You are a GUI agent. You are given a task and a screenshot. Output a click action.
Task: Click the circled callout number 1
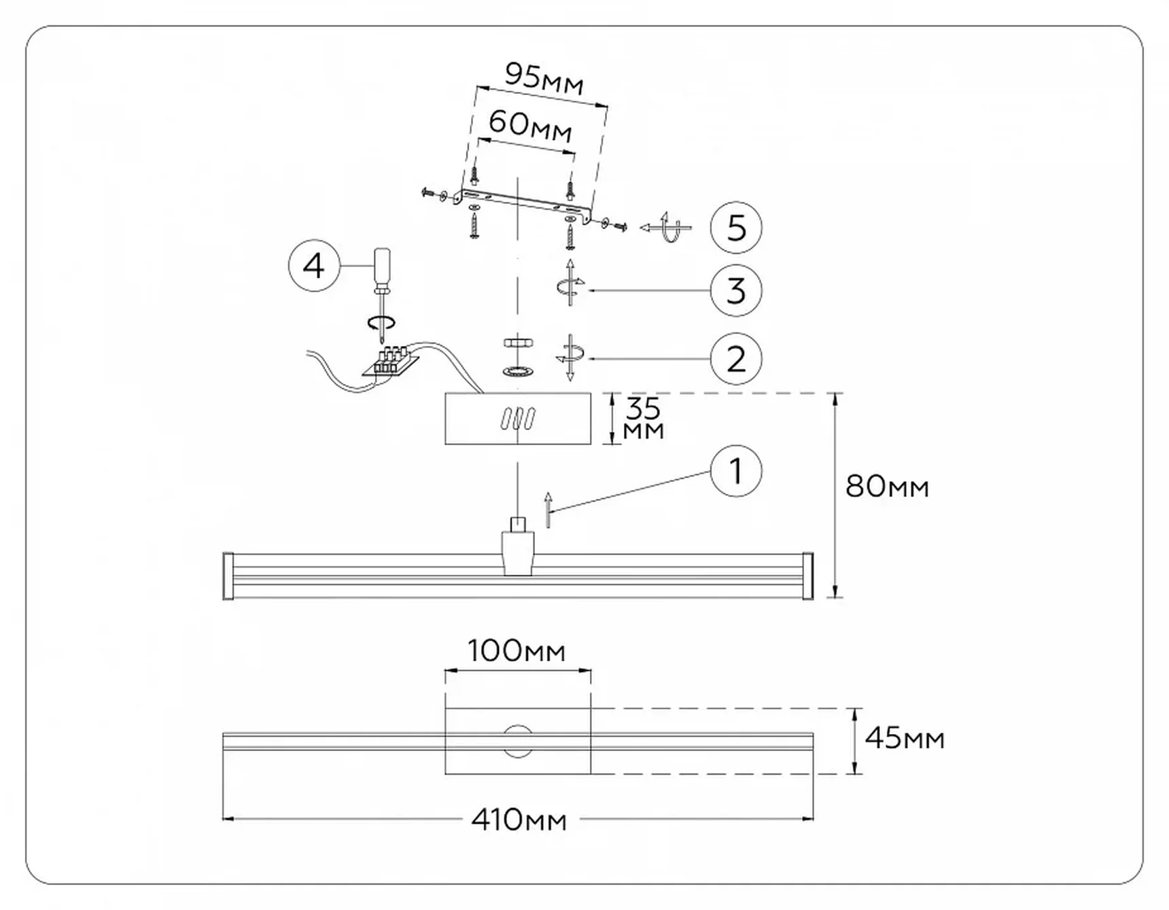(x=736, y=471)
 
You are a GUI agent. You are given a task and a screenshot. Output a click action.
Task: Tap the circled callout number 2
(x=736, y=359)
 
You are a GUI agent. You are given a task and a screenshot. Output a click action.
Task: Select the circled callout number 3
(x=736, y=291)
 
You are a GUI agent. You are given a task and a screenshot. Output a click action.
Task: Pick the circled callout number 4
(x=314, y=266)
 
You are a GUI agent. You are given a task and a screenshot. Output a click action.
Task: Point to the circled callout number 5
(x=736, y=228)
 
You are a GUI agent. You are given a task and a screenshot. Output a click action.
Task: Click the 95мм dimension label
(x=544, y=78)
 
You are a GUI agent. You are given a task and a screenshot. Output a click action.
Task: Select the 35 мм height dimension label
(x=643, y=419)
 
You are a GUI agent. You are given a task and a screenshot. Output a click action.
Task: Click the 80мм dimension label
(x=887, y=487)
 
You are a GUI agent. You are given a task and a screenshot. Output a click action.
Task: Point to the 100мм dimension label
(x=517, y=651)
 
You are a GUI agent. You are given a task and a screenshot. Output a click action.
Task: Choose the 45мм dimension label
(x=905, y=738)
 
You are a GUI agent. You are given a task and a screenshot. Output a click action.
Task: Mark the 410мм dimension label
(x=519, y=820)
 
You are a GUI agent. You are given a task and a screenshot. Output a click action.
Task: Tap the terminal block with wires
(x=390, y=361)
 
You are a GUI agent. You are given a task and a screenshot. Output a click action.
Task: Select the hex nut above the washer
(x=518, y=343)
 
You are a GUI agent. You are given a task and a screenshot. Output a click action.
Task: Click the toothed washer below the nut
(x=518, y=371)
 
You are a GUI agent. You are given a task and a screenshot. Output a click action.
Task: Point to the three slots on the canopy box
(x=518, y=419)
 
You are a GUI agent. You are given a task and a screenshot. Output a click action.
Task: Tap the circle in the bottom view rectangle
(x=518, y=741)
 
